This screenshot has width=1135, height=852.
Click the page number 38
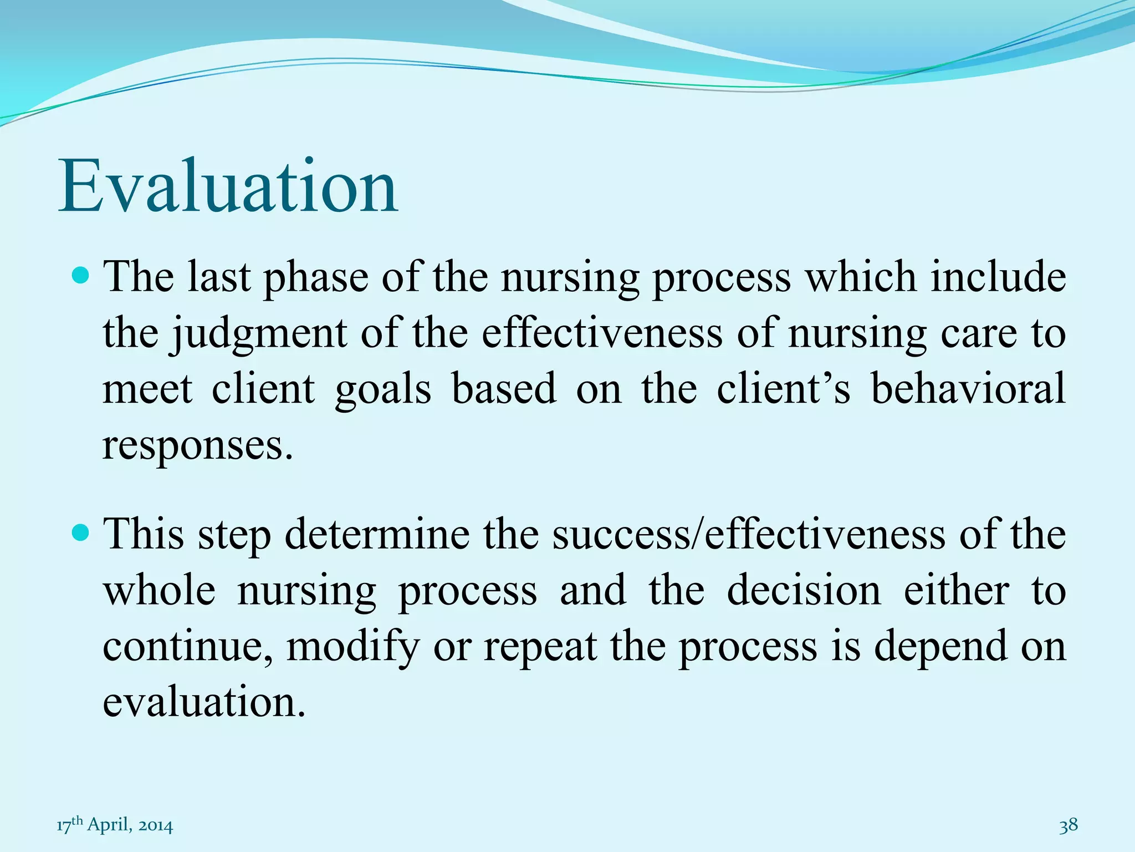tap(1068, 825)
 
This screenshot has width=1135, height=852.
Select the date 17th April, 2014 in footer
tap(115, 825)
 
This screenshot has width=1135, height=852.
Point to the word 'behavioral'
tap(968, 388)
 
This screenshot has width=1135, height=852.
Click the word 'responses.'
tap(197, 445)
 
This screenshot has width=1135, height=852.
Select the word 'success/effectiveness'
tap(748, 535)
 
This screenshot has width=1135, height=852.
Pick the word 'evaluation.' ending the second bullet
tap(204, 702)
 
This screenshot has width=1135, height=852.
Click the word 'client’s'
tap(783, 388)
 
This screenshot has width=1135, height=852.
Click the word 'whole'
tap(160, 591)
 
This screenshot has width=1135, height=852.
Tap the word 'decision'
tap(804, 591)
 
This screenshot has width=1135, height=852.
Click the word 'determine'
tap(377, 535)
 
